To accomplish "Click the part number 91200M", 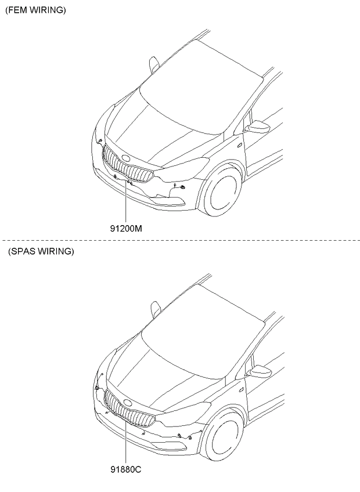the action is pos(125,229).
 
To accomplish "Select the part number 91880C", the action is pos(125,469).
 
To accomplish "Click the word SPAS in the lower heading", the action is pos(22,251).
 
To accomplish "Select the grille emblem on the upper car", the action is pos(126,158).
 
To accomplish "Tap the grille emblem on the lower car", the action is pos(128,403).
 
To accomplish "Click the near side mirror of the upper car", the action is pos(258,126).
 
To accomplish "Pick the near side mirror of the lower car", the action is pos(260,371).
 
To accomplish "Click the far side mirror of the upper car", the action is pos(154,64).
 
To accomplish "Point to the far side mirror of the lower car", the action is pos(156,309).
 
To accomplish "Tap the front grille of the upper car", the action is pos(127,165).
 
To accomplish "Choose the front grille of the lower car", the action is pos(129,409).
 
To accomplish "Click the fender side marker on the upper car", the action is pos(239,144).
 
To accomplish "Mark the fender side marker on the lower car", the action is pos(241,389).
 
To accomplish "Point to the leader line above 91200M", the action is pos(125,202).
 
